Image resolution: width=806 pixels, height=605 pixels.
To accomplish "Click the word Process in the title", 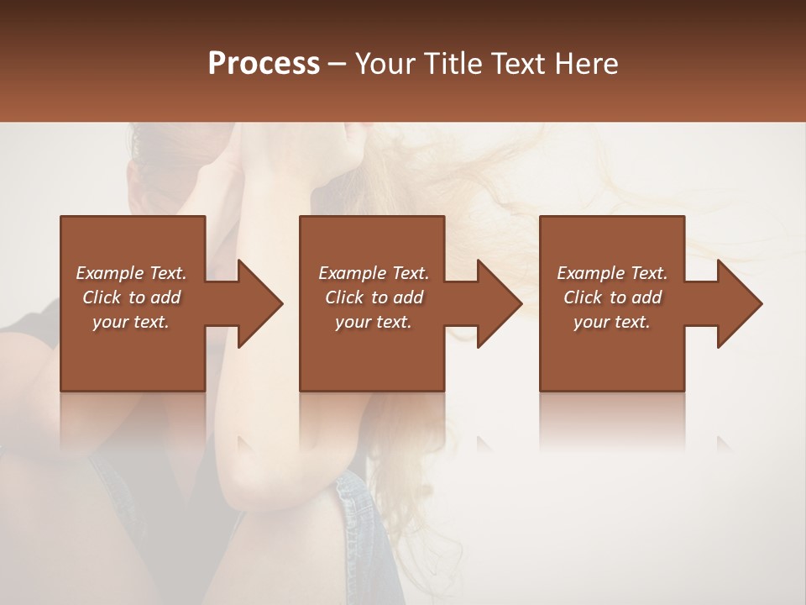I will coord(264,64).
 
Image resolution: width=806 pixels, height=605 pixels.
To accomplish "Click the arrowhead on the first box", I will coord(256,303).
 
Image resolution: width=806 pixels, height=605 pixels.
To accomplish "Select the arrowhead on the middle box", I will coord(496,303).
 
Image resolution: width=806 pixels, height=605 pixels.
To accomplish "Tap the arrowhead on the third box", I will coord(736,303).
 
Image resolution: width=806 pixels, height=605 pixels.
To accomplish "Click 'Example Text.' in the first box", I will coord(131,273).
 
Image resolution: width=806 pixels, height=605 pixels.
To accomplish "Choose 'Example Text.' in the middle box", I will coord(374,273).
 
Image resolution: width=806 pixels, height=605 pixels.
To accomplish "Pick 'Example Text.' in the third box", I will coord(612,273).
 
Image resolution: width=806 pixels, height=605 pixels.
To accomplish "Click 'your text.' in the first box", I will coord(131,322).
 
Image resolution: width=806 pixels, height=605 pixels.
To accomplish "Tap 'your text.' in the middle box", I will coord(374,322).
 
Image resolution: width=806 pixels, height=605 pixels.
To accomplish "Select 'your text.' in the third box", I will coord(612,322).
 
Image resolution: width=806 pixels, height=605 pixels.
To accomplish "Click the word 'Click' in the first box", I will coord(102,297).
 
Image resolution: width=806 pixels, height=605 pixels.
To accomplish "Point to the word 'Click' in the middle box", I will coord(344,297).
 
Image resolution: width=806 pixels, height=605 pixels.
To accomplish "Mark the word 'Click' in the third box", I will coord(583,297).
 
